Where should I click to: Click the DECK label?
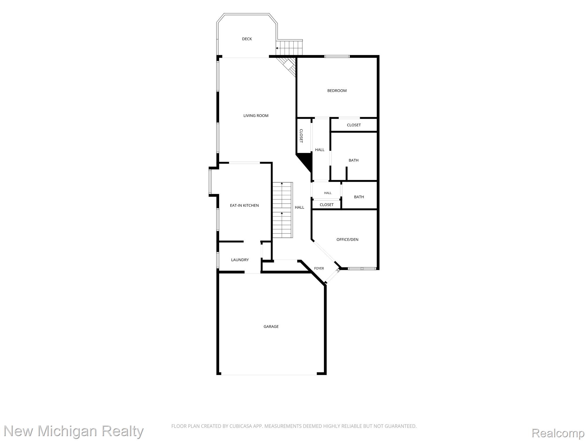[x=247, y=39]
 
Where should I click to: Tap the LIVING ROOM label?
[x=256, y=116]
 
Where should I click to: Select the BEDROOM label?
[x=337, y=91]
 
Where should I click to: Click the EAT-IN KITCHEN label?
[x=244, y=206]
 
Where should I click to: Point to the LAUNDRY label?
[x=240, y=260]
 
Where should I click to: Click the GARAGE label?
[x=271, y=326]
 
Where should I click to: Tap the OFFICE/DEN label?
[x=347, y=239]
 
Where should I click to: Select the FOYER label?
[x=319, y=268]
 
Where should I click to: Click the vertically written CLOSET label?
[x=301, y=136]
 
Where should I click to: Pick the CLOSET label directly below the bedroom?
[x=354, y=125]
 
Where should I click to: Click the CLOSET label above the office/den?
[x=326, y=205]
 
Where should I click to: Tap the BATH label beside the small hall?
[x=359, y=197]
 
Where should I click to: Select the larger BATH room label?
[x=353, y=160]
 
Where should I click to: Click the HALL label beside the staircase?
[x=299, y=207]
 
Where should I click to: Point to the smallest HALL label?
[x=328, y=193]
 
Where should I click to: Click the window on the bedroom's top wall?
[x=337, y=56]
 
